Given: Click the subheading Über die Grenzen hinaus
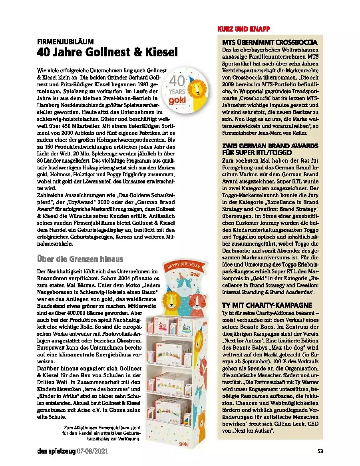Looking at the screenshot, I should point(80,259).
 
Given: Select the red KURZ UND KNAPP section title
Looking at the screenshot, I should point(244,29).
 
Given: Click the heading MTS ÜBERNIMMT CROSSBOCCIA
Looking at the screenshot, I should point(270,42).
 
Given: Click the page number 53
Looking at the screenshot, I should point(320,452).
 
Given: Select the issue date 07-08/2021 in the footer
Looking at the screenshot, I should point(92,452).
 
